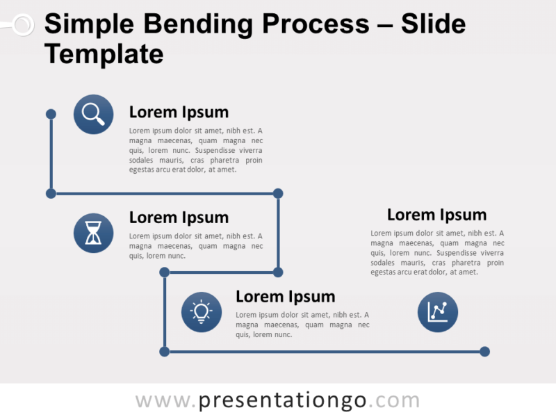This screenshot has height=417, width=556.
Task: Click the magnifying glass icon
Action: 94,114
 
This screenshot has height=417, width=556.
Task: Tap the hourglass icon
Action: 94,233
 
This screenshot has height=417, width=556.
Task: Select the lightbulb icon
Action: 202,312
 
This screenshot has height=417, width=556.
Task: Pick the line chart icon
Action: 438,312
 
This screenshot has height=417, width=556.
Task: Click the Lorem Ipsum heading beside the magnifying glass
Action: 179,113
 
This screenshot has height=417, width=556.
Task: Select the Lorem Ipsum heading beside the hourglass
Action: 179,218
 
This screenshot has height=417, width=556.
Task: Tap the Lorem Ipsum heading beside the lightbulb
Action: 285,297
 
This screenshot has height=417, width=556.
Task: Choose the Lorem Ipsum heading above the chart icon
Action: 436,215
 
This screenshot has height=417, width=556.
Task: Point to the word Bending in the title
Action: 183,25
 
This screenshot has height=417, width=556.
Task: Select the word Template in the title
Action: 104,54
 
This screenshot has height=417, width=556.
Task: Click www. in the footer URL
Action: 166,401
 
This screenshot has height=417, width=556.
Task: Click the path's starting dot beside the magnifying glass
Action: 51,113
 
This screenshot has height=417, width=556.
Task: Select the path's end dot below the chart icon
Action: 484,352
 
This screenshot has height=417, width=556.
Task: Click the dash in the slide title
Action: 386,26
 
